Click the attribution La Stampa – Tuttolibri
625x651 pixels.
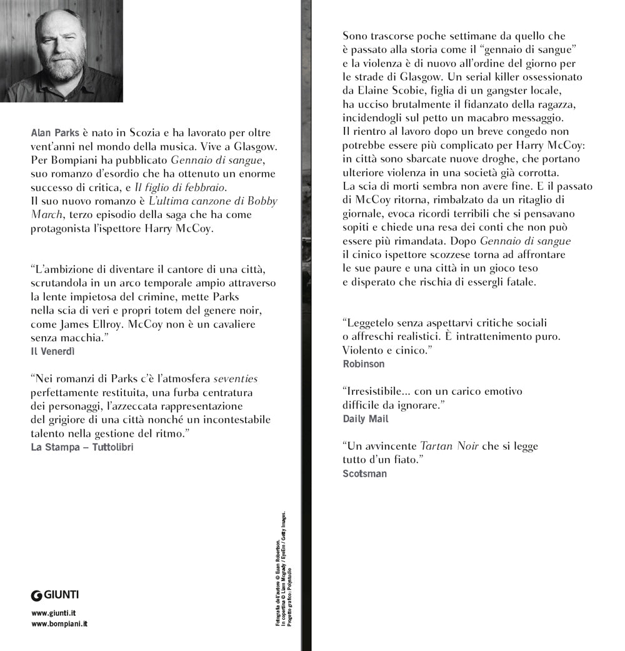82,447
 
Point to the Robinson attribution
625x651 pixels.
364,364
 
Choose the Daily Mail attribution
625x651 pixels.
366,419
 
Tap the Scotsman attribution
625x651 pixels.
365,474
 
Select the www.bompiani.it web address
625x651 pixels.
59,625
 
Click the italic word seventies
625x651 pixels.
236,379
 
